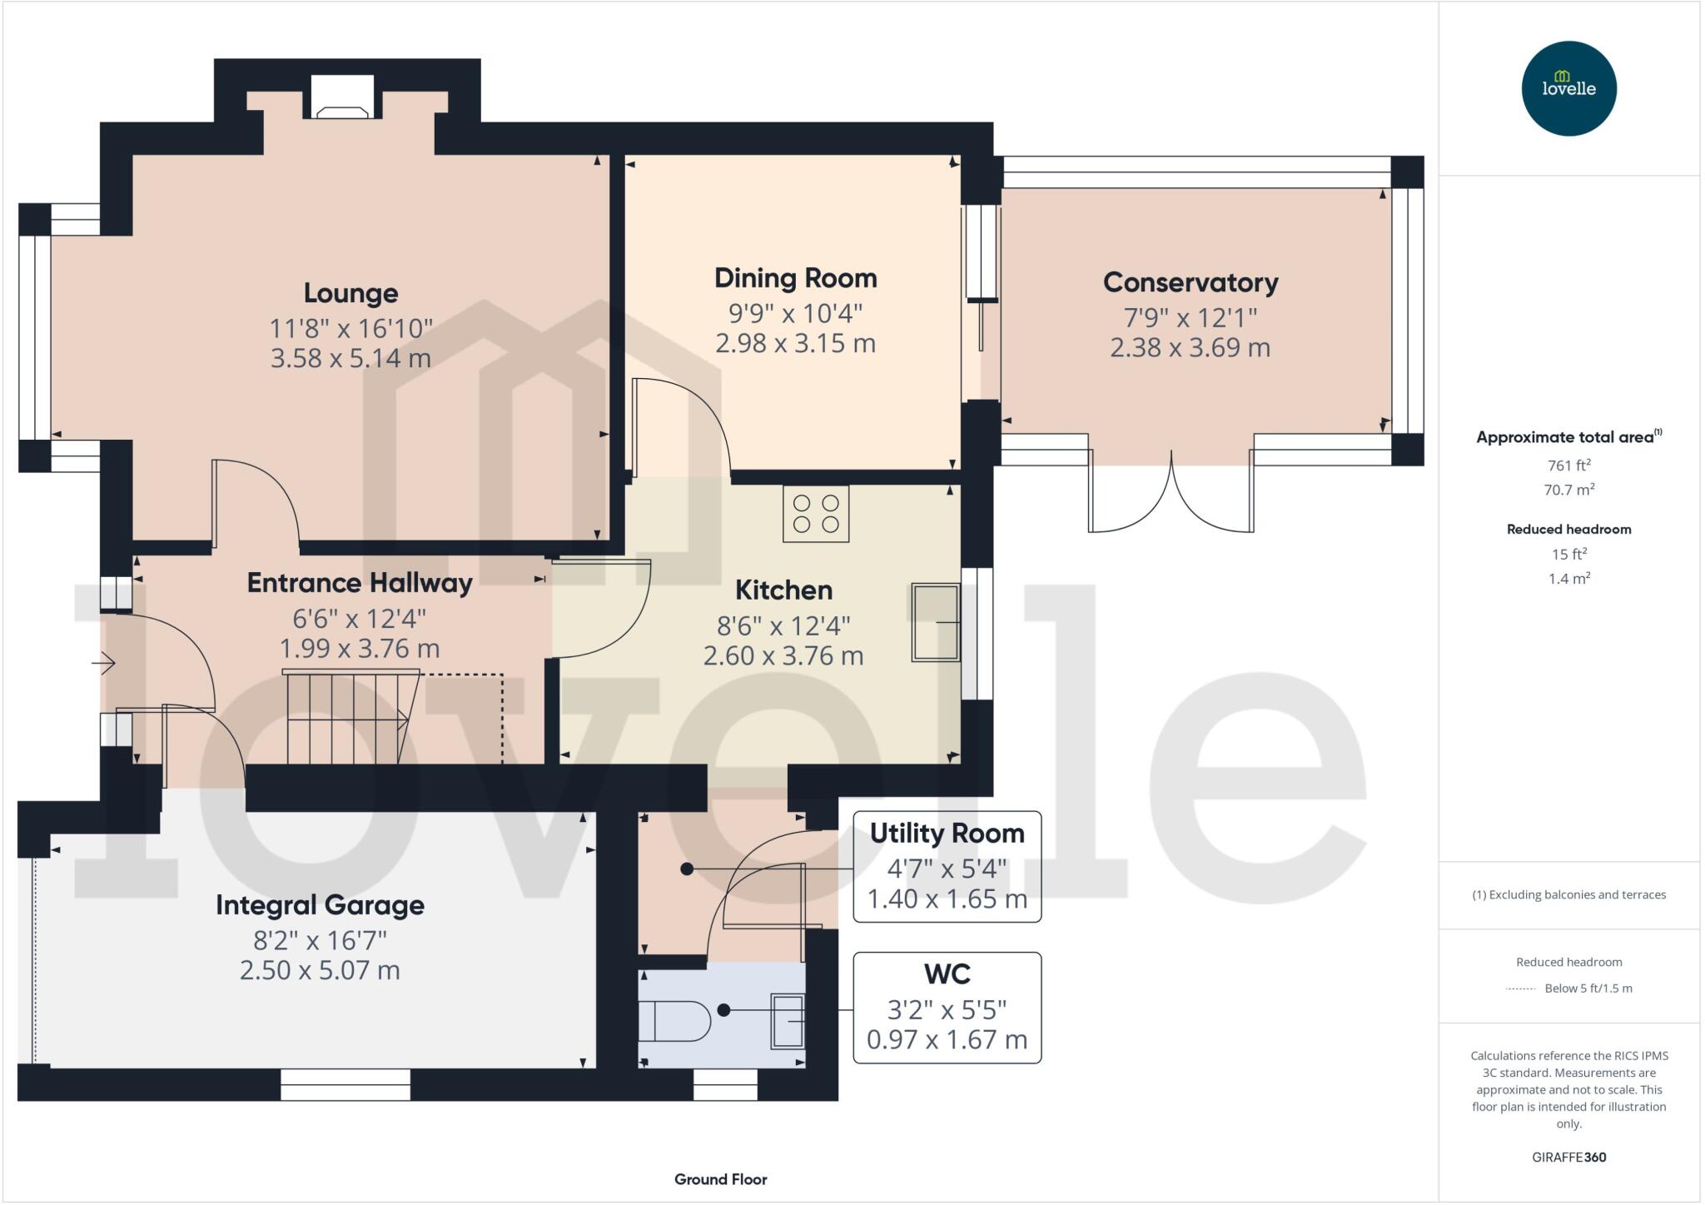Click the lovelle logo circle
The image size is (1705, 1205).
(x=1568, y=88)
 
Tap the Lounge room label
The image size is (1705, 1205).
(x=350, y=293)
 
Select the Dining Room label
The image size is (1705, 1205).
(x=795, y=278)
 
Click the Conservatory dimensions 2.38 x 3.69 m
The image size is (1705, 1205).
(x=1190, y=347)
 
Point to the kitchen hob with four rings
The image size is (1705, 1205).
(x=816, y=514)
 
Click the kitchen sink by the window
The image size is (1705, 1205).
(x=935, y=622)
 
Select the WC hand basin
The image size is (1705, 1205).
(x=787, y=1020)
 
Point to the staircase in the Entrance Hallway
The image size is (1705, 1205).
(x=350, y=719)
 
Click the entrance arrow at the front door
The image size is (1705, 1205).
(x=103, y=664)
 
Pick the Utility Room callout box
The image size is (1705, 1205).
(x=947, y=866)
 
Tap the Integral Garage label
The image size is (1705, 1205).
(x=320, y=905)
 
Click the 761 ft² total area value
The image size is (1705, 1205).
(x=1568, y=466)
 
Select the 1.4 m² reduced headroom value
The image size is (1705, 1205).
(x=1568, y=579)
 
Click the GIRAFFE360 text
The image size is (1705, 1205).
(x=1568, y=1157)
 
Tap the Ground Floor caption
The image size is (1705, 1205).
(x=720, y=1179)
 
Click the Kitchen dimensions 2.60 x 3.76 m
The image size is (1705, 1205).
(x=783, y=656)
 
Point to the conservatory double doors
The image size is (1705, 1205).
(x=1171, y=495)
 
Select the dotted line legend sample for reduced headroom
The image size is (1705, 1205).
(x=1521, y=988)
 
